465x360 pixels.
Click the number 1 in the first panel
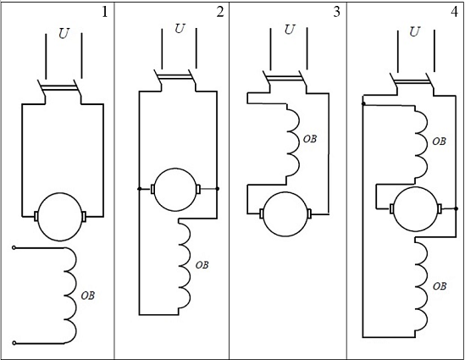(105, 13)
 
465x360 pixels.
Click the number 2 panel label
(220, 12)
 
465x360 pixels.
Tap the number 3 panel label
(336, 12)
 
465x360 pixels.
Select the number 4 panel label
(454, 12)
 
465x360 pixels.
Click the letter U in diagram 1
(64, 34)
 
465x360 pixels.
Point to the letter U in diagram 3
(290, 30)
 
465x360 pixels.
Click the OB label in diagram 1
(88, 296)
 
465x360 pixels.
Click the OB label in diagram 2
(202, 265)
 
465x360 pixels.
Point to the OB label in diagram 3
(310, 139)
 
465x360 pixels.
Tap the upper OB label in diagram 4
(440, 141)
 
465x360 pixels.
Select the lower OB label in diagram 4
(440, 286)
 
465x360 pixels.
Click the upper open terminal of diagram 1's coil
(14, 247)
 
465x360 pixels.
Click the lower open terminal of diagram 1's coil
(14, 343)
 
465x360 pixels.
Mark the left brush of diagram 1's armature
(36, 216)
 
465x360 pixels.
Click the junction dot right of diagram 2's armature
(217, 189)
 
